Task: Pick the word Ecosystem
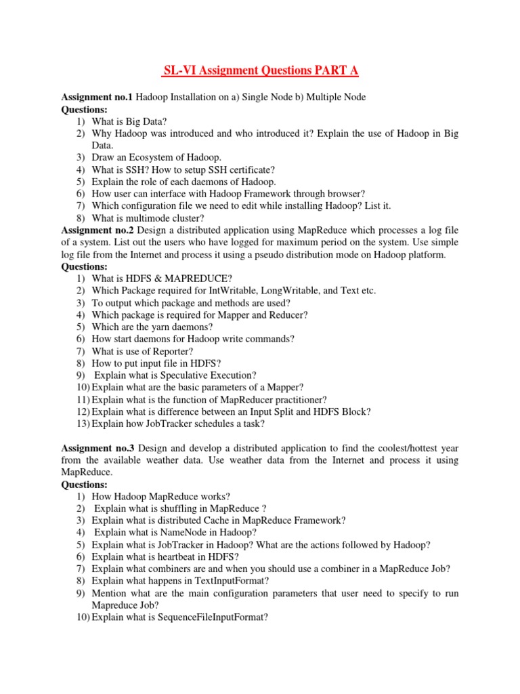(147, 158)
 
